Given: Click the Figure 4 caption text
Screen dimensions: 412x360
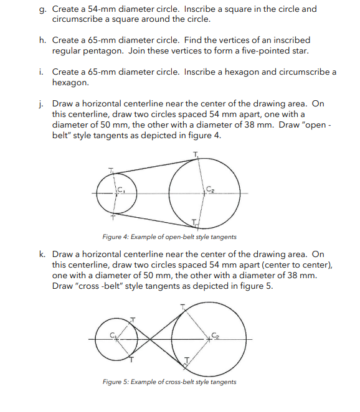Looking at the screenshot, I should coord(169,236).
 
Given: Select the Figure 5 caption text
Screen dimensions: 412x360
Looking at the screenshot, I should coord(169,382).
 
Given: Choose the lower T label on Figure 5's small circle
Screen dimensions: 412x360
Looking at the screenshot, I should coord(131,360).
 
